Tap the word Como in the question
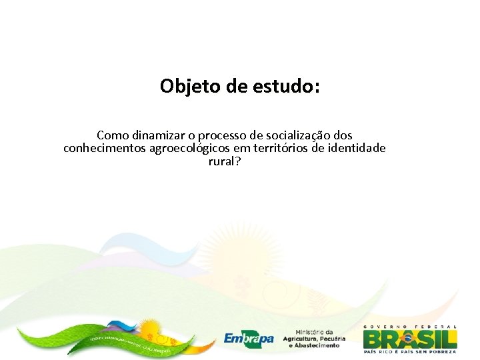point(111,135)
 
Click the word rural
point(221,161)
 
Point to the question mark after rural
point(237,161)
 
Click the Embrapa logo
point(249,339)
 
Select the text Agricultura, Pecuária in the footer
point(314,339)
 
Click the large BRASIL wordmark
point(410,338)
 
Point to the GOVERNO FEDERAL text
point(410,327)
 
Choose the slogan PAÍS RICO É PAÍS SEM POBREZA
point(410,351)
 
